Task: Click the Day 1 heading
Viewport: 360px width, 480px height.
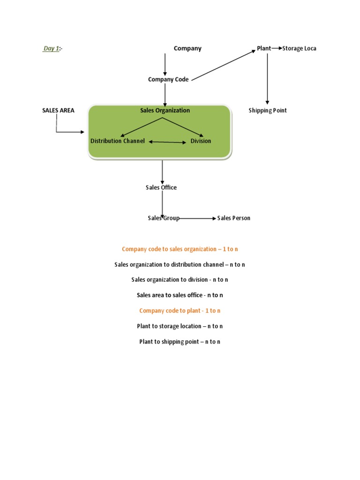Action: [52, 49]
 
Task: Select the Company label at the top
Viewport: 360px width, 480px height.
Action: [187, 48]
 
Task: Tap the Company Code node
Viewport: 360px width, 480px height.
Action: [168, 80]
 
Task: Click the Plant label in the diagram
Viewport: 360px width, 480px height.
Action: [264, 48]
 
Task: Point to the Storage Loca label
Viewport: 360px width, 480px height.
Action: [299, 48]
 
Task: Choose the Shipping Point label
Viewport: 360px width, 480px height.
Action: [267, 111]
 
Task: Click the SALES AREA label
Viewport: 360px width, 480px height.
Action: [58, 111]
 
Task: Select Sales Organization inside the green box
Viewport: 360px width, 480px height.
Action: [165, 111]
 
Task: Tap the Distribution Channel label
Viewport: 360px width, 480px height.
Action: [118, 141]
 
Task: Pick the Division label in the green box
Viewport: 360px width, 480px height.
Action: [201, 141]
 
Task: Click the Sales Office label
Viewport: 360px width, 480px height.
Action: [161, 187]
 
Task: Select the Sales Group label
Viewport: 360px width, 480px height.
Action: [163, 218]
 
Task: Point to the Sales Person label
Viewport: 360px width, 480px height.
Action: [234, 218]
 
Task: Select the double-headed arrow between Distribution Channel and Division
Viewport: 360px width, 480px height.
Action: [167, 142]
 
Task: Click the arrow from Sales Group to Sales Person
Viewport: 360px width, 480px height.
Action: [197, 218]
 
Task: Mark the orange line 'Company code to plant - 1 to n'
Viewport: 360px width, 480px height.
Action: [180, 311]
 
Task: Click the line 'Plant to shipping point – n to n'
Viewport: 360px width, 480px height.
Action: [180, 342]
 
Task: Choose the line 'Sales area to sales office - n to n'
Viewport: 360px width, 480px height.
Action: [180, 295]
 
